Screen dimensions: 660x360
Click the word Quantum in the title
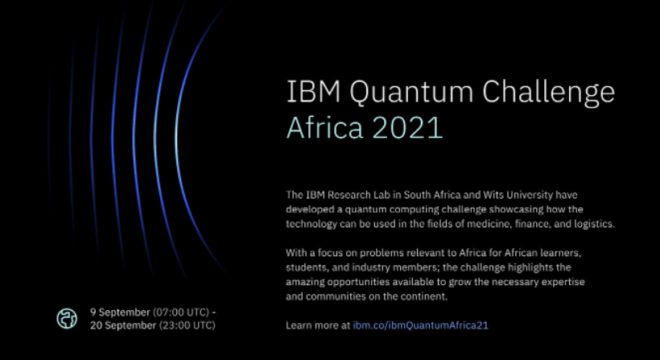[x=411, y=92]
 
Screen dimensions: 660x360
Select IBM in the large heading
[x=314, y=91]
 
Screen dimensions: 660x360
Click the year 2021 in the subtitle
[x=407, y=127]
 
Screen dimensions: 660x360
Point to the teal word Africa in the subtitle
[x=324, y=127]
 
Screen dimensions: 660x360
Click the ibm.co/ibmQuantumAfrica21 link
[x=420, y=325]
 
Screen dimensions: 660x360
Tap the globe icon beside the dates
[x=67, y=318]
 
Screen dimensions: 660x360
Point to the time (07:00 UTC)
[x=181, y=312]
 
